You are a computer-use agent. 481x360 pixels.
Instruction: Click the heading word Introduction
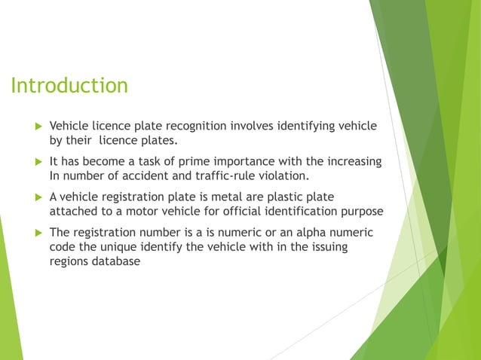[69, 86]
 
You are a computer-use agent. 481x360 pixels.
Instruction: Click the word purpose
[361, 211]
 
